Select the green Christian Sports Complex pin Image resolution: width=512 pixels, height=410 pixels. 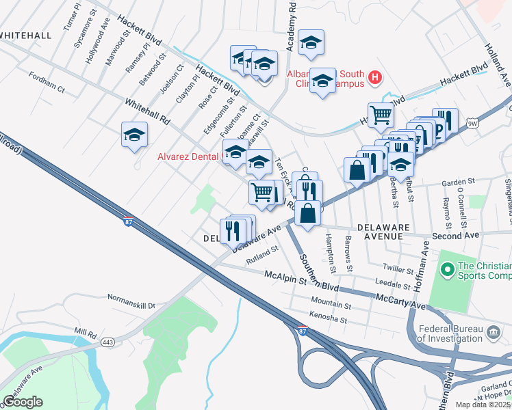click(x=448, y=271)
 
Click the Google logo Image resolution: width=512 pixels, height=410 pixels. click(x=23, y=402)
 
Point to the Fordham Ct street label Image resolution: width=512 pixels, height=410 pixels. click(x=47, y=89)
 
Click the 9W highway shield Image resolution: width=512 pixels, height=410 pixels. click(x=472, y=123)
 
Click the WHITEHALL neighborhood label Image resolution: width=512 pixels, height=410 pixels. click(x=26, y=35)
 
